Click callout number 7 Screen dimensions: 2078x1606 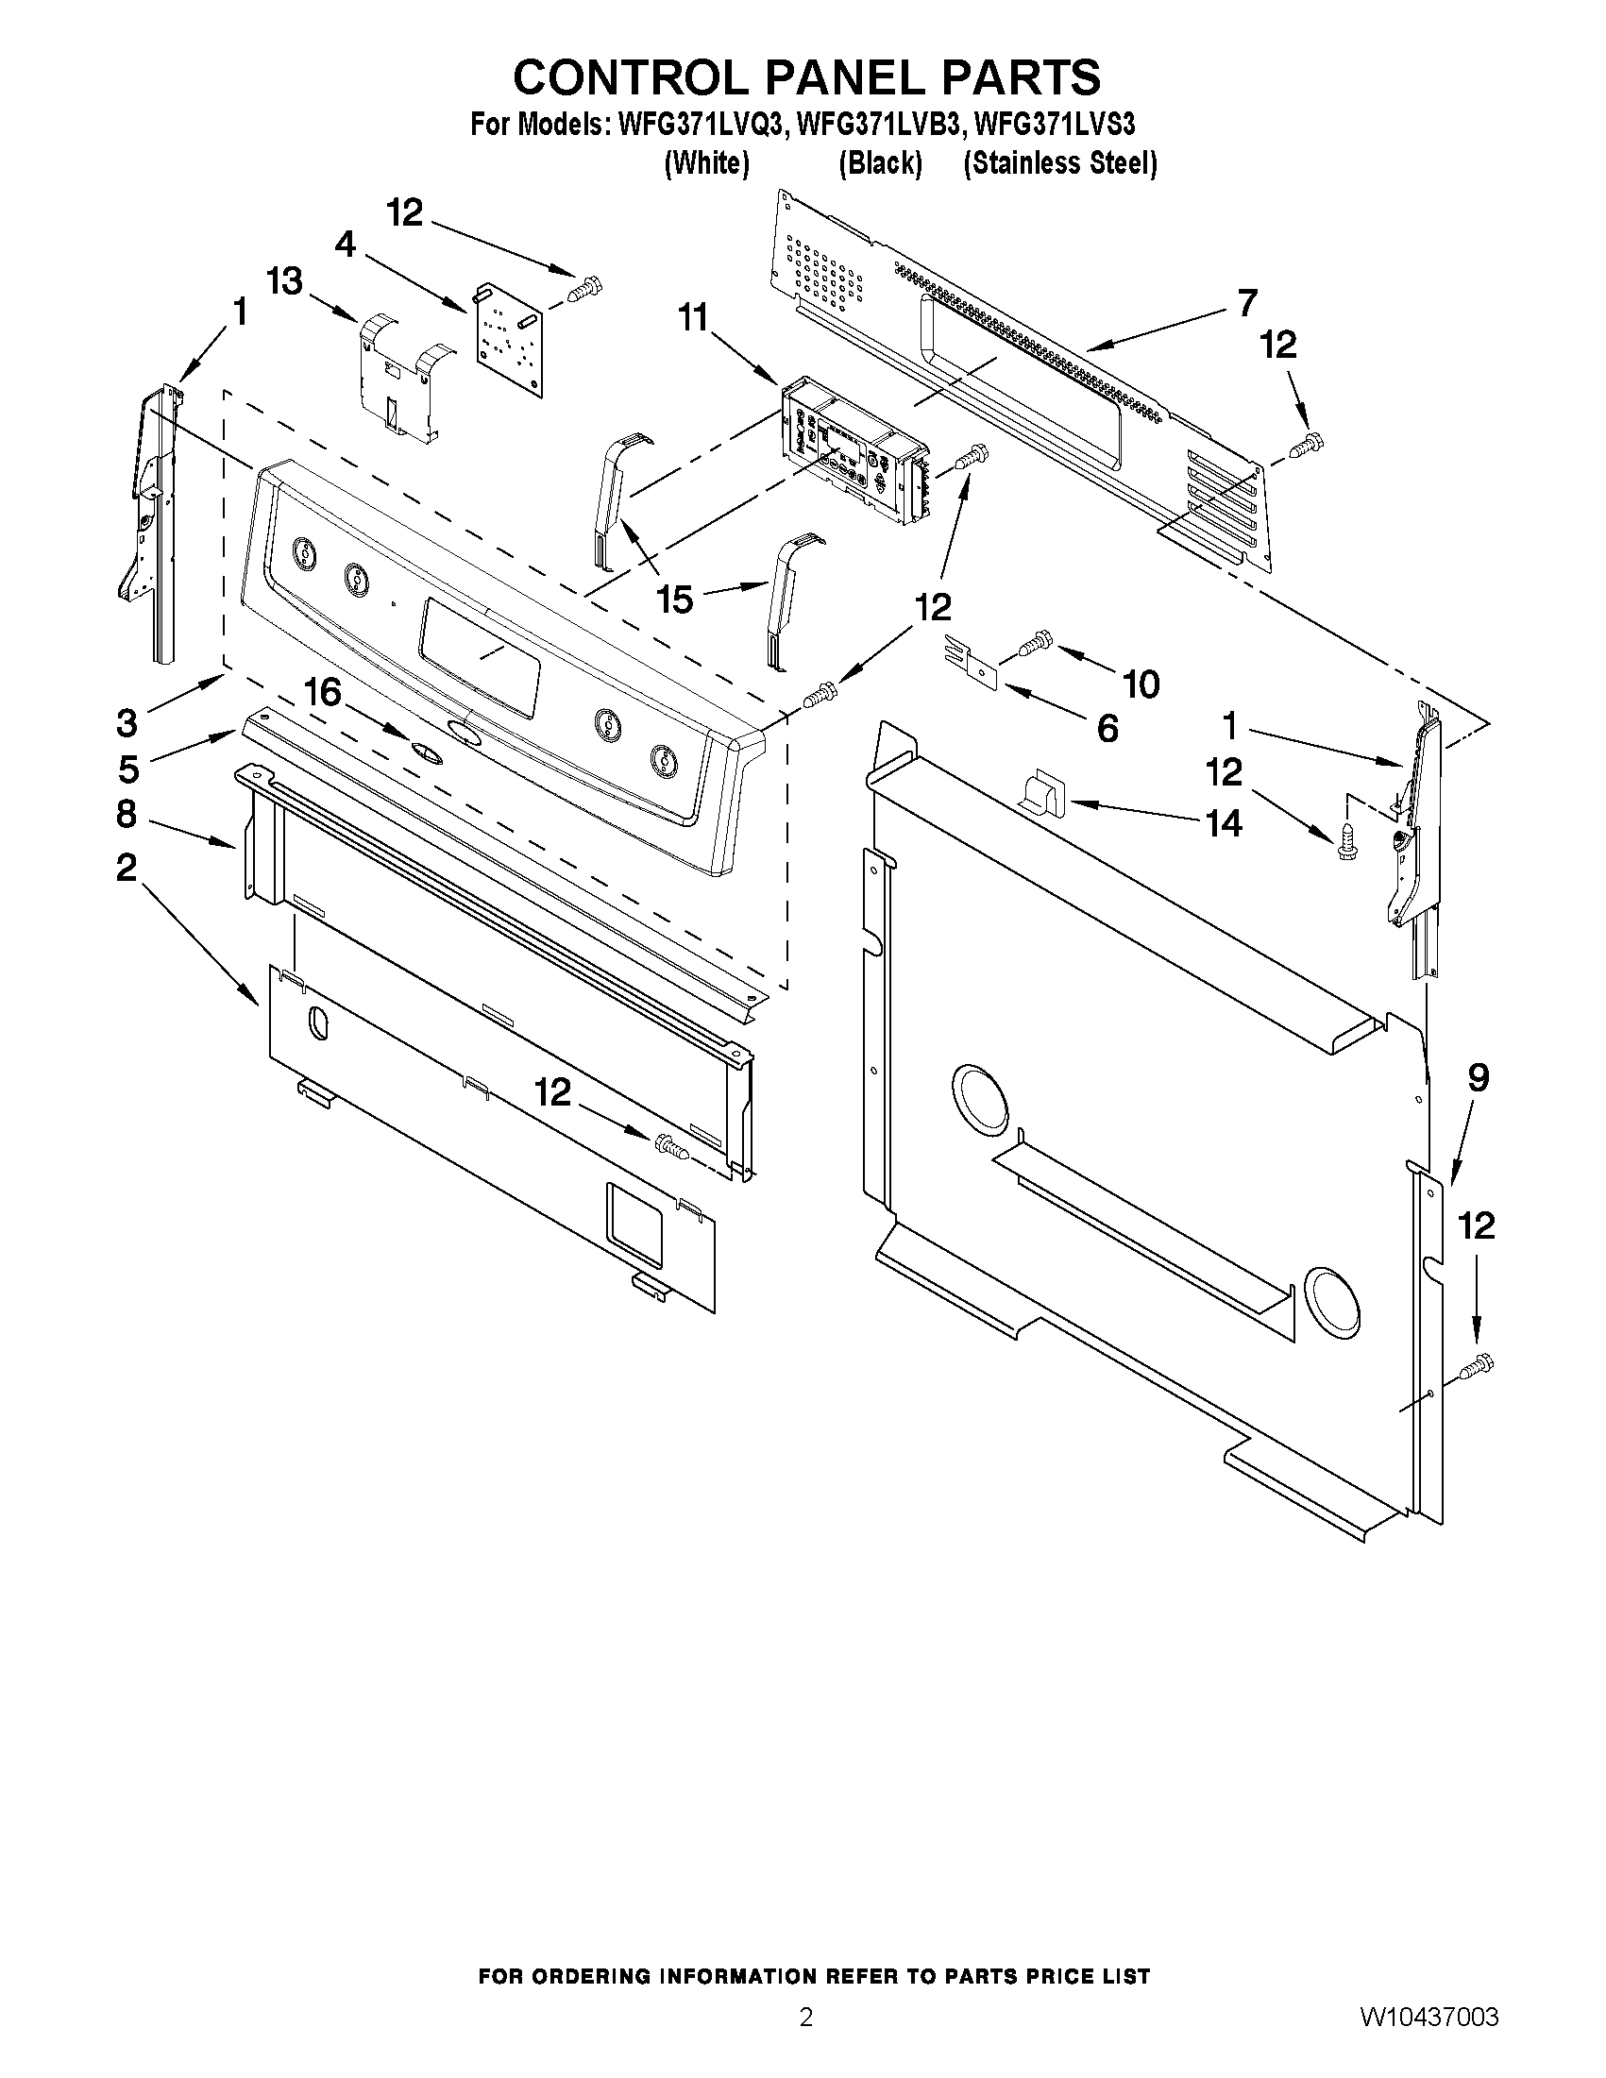coord(1247,302)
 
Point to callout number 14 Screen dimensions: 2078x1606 coord(1224,823)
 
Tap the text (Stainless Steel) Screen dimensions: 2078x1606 coord(1060,163)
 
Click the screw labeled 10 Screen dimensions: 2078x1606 coord(1033,643)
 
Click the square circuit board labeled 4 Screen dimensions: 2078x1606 coord(510,340)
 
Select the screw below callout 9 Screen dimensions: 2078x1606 coord(1475,1366)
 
